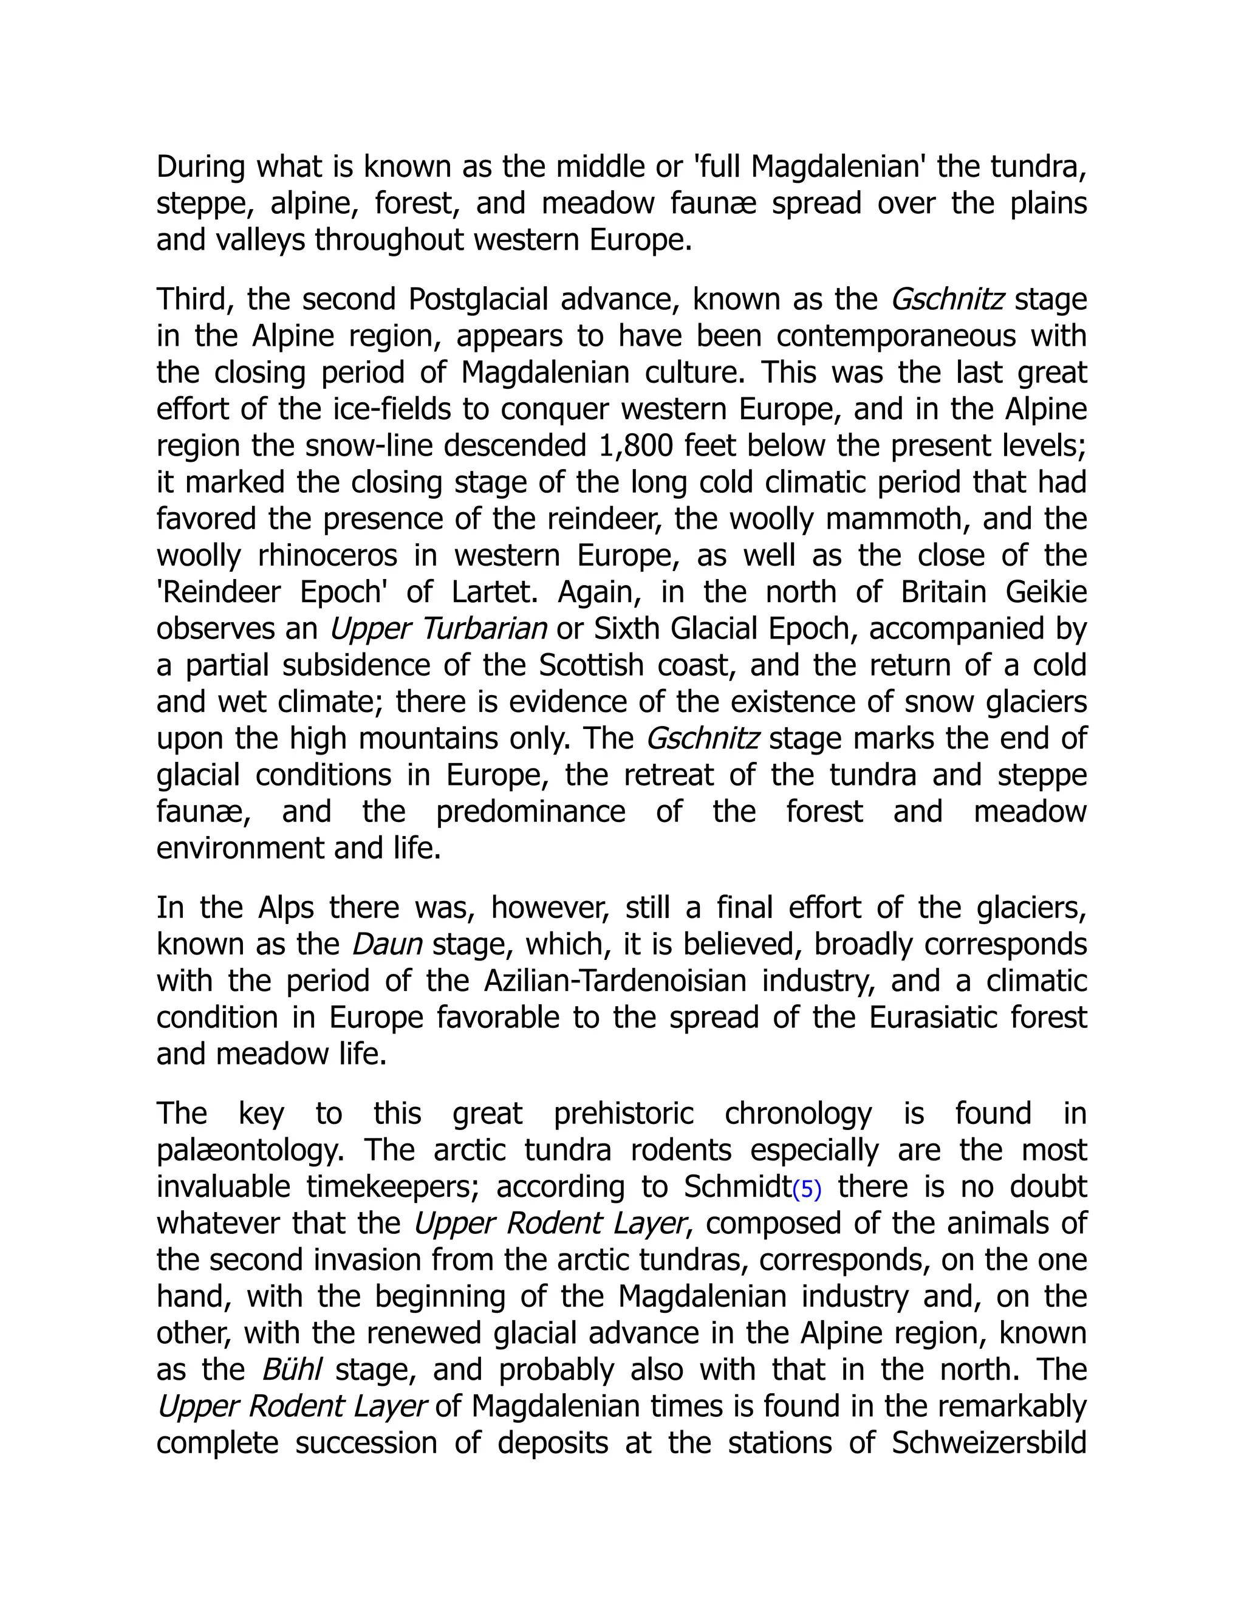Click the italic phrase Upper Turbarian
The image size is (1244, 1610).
tap(438, 629)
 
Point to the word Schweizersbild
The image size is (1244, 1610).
tap(989, 1443)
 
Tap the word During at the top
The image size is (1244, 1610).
tap(200, 166)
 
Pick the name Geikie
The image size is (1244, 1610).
tap(1046, 592)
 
